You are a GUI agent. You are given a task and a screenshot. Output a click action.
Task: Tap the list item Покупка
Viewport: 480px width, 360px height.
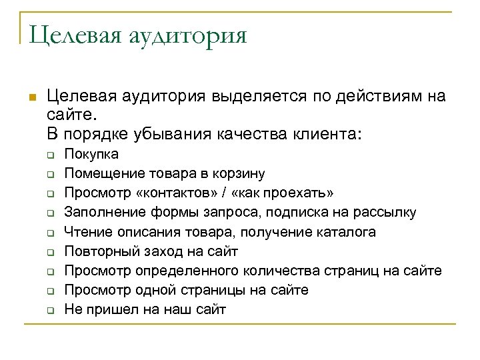point(91,155)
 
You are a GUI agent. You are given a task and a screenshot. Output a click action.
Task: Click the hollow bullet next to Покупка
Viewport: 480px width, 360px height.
point(49,155)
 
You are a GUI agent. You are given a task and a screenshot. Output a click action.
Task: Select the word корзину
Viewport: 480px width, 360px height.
point(240,174)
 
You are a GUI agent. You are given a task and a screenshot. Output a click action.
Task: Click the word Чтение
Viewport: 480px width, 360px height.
point(85,232)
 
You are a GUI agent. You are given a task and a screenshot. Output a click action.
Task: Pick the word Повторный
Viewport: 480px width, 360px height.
point(97,251)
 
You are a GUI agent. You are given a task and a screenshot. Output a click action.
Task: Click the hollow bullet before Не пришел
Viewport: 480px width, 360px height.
point(49,310)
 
